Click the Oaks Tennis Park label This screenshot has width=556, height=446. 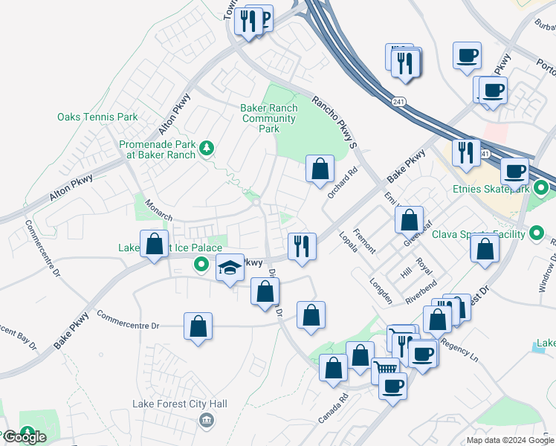(97, 117)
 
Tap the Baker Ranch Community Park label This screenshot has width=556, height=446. (269, 118)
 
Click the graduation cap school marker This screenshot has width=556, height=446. (230, 268)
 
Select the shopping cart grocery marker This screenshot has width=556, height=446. (386, 369)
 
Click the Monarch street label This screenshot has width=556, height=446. (158, 210)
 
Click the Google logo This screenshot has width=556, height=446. (24, 437)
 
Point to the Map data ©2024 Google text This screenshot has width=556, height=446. (509, 441)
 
